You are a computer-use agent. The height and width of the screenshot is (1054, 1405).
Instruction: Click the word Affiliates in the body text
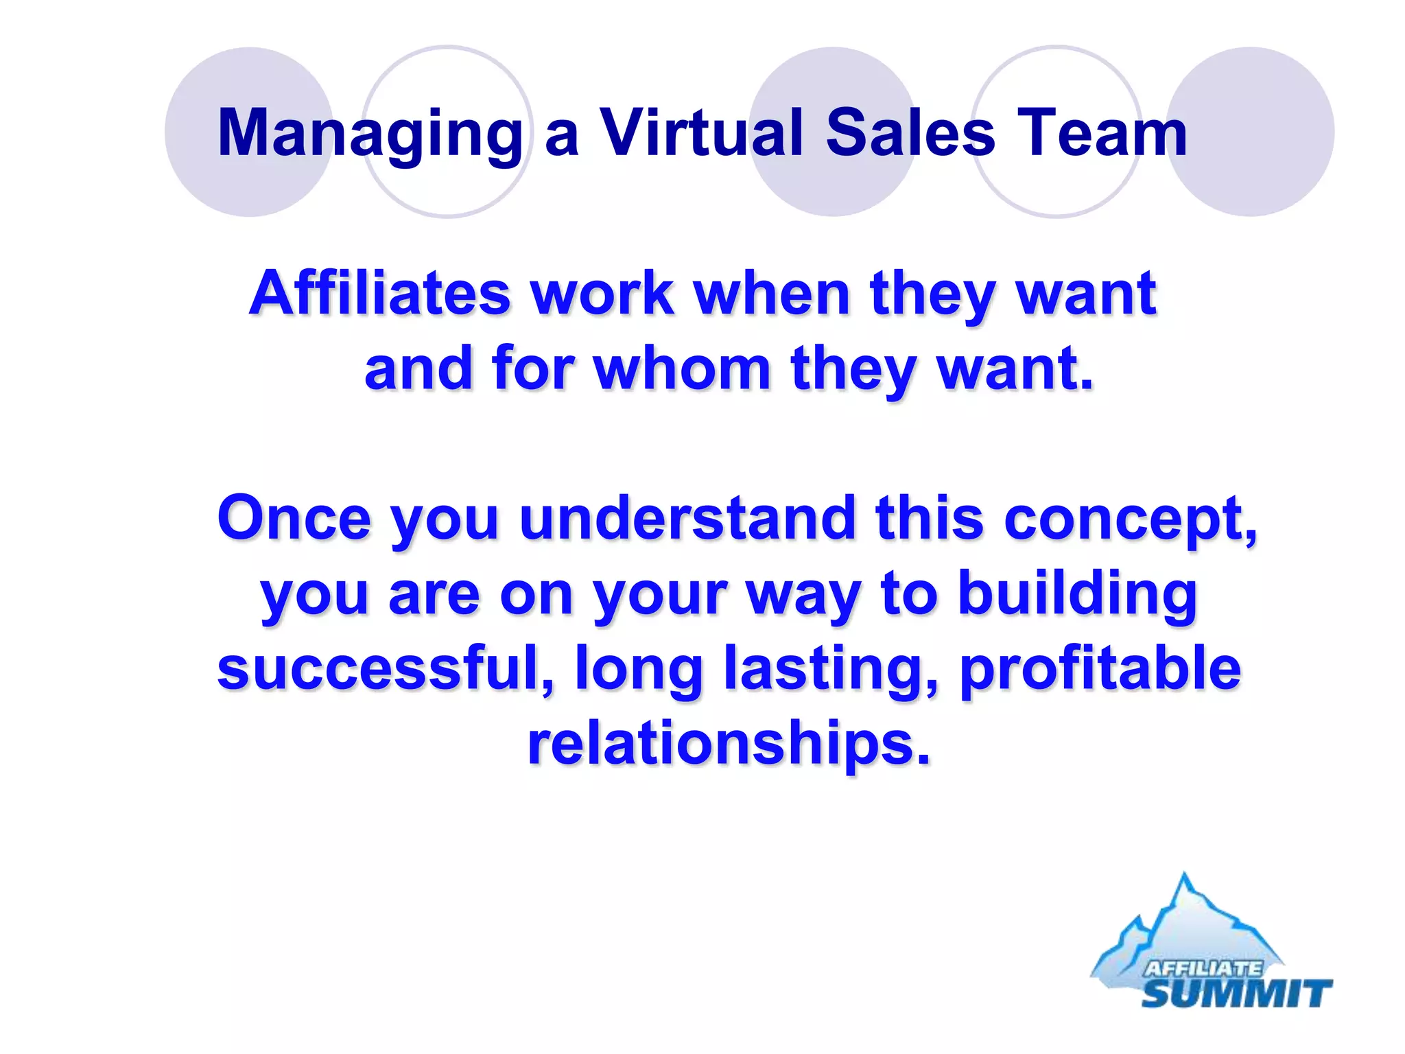point(380,294)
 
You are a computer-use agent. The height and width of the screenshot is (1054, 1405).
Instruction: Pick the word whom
point(683,369)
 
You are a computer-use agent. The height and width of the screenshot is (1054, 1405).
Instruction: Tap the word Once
point(294,518)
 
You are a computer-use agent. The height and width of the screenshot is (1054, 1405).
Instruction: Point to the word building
point(1077,594)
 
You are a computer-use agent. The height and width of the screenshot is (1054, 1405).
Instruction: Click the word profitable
point(1100,670)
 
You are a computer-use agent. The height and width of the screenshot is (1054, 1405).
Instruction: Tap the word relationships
point(729,744)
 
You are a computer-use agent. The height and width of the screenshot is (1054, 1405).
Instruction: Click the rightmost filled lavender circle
point(1250,132)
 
